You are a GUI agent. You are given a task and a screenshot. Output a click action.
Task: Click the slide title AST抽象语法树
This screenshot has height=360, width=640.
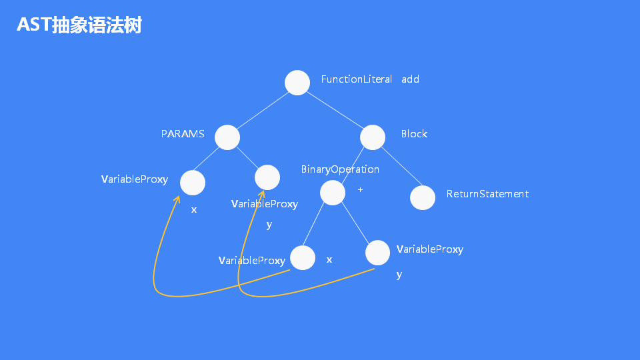[79, 25]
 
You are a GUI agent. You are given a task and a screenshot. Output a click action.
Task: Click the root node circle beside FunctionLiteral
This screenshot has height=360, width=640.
[297, 83]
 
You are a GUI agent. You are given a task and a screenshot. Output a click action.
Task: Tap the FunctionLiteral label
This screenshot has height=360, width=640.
[357, 79]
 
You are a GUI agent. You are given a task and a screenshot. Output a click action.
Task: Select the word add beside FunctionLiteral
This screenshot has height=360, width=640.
[410, 79]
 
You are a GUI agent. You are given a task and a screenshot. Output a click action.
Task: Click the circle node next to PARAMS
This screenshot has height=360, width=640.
[227, 137]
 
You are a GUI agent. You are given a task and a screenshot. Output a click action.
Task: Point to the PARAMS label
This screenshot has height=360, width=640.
[183, 134]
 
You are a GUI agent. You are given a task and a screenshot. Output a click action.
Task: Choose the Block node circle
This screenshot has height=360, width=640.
[373, 137]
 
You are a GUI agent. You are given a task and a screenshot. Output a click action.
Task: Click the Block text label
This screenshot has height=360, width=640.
[414, 134]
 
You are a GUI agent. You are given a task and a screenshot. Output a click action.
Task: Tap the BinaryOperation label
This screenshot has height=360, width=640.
[340, 169]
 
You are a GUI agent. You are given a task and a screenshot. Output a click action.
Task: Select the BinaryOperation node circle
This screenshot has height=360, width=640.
[333, 193]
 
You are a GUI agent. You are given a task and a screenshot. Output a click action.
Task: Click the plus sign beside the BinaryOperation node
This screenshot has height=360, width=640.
[360, 190]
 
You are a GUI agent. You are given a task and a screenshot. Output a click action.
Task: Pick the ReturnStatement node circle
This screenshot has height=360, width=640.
[423, 197]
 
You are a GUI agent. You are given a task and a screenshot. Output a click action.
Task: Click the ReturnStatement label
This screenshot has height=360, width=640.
[487, 194]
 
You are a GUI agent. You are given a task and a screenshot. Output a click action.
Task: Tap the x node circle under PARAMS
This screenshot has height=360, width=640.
[193, 183]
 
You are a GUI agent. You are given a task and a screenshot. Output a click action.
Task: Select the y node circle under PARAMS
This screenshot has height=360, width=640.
[267, 177]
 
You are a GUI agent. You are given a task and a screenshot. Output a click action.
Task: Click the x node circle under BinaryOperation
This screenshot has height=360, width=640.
[303, 258]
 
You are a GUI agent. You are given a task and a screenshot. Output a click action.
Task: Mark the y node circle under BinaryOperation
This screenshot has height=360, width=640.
[377, 253]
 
